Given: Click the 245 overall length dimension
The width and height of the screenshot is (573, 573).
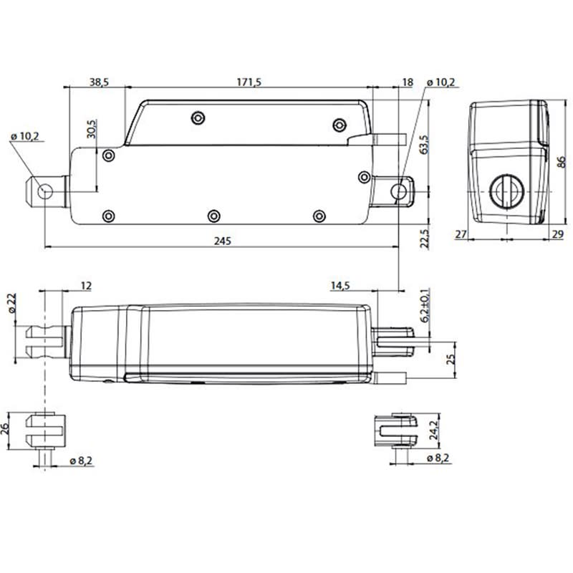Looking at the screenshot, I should (x=222, y=241).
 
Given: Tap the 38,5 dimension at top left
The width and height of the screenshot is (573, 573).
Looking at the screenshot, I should (x=99, y=83).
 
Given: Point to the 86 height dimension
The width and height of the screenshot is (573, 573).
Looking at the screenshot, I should (x=562, y=161).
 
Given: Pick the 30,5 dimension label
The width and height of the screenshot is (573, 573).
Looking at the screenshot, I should (x=91, y=127).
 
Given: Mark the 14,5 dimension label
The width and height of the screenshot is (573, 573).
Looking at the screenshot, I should (x=340, y=286).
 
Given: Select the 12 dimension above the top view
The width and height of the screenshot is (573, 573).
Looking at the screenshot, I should (x=85, y=286).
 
